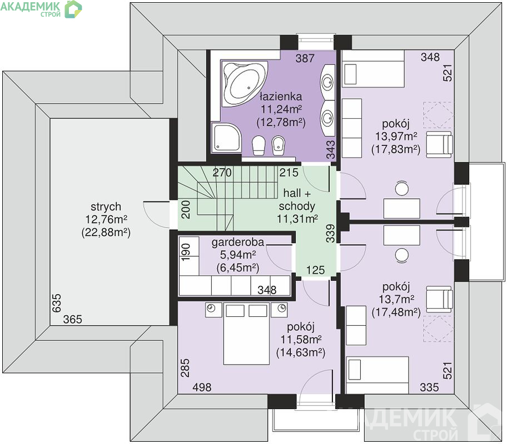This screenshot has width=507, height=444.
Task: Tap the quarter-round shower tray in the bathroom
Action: click(x=226, y=138)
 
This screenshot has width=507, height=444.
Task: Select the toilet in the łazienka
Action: click(x=258, y=145)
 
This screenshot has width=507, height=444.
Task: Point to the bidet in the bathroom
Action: click(x=278, y=145)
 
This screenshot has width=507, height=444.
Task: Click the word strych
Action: click(x=106, y=206)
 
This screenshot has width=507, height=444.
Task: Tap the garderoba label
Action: click(x=238, y=242)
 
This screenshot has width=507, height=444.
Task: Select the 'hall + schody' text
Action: click(x=297, y=200)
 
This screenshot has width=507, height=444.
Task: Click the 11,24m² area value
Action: click(x=281, y=109)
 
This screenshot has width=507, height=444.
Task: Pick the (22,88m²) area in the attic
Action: click(x=106, y=233)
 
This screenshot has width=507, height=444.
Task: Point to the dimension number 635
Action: click(x=56, y=302)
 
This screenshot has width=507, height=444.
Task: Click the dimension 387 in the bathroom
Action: click(x=305, y=58)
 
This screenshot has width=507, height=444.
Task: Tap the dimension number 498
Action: click(x=202, y=387)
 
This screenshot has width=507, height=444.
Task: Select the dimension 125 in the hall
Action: click(x=315, y=270)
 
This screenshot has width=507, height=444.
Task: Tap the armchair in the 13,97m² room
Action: click(x=439, y=144)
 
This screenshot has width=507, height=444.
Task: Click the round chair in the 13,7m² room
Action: click(x=401, y=255)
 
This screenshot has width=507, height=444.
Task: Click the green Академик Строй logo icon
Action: click(x=73, y=9)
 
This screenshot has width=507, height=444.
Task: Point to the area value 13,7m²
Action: click(x=396, y=299)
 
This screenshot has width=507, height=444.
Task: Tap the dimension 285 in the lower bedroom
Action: click(x=185, y=368)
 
